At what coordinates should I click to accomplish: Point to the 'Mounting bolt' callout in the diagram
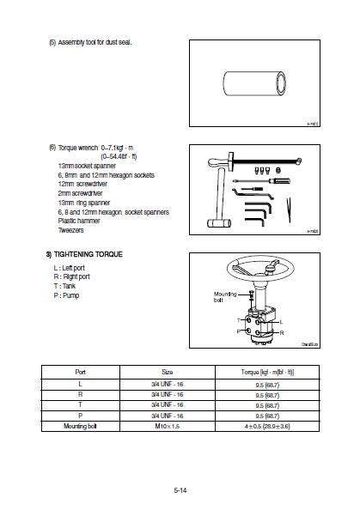point(224,296)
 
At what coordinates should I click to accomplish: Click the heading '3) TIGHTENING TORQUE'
point(83,254)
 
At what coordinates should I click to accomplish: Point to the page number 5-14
point(180,489)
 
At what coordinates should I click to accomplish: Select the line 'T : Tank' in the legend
point(69,286)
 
